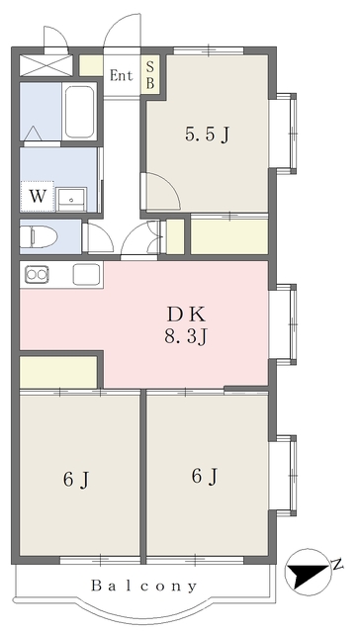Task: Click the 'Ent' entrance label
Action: point(122,75)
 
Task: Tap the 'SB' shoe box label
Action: point(151,75)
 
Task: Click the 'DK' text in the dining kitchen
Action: point(186,316)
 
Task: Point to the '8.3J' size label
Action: point(186,337)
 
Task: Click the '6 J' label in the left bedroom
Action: point(77,481)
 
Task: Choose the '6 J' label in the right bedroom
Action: point(205,477)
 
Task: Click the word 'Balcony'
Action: point(144,587)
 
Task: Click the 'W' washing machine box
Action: point(36,195)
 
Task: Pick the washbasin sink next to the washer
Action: point(73,196)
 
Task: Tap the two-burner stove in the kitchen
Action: point(37,274)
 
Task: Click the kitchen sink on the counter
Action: point(85,274)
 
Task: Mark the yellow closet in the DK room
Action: point(57,372)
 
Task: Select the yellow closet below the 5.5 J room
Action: point(228,235)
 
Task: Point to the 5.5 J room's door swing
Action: point(156,190)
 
